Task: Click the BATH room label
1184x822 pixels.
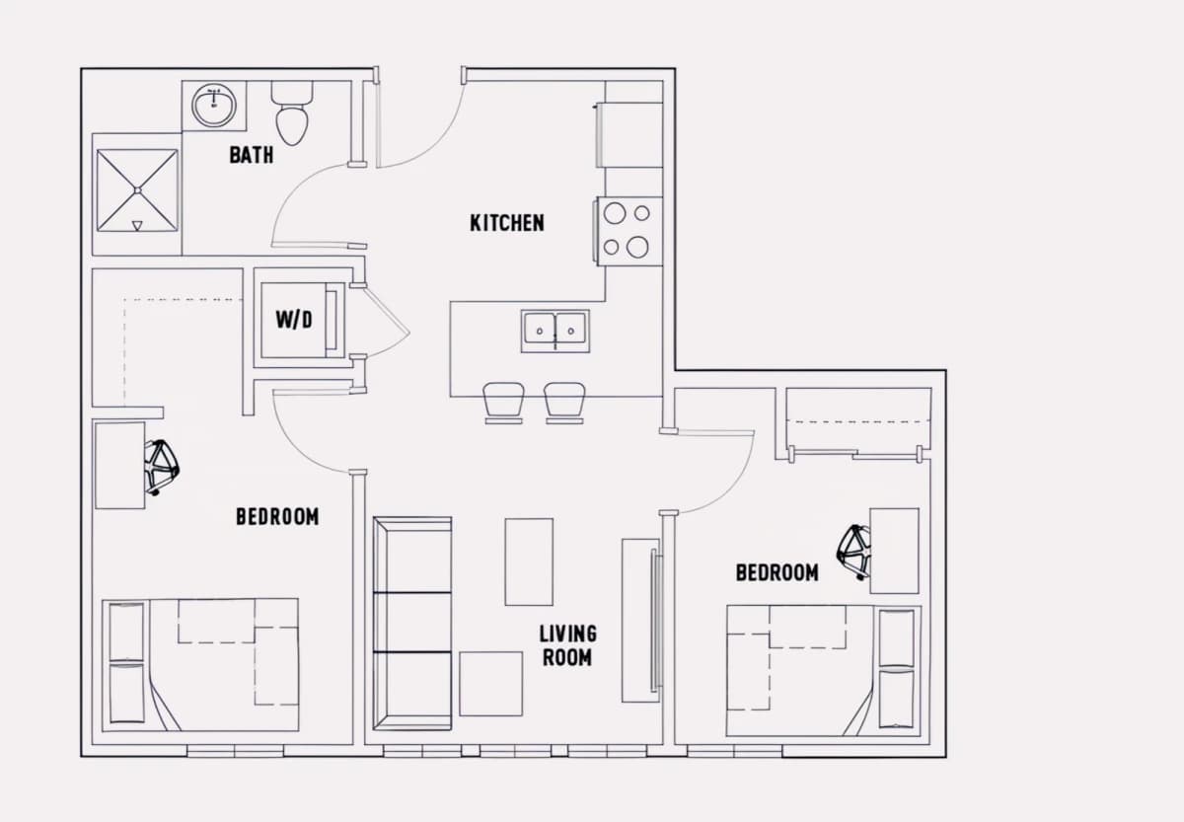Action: coord(252,155)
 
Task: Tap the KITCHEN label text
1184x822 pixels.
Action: coord(507,223)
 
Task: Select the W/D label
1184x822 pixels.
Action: coord(294,320)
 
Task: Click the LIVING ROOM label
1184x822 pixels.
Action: coord(567,645)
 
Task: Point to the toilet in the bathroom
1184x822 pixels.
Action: coord(292,112)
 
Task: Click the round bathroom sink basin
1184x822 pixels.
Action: coord(214,105)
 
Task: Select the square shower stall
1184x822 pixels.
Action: coord(137,190)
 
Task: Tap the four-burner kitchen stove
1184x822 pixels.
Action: coord(629,231)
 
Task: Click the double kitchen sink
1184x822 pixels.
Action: coord(555,332)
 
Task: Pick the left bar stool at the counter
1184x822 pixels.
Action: coord(504,403)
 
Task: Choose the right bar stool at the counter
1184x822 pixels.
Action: coord(564,403)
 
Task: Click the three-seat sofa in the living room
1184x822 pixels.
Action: coord(412,624)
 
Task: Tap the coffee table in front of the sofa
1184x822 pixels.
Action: coord(529,561)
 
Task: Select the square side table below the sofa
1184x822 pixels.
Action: coord(491,684)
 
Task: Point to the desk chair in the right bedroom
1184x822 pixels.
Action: coord(853,553)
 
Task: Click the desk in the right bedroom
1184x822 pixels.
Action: coord(894,551)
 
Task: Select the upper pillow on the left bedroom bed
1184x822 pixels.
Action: coord(127,632)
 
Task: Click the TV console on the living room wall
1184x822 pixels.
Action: coord(640,621)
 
